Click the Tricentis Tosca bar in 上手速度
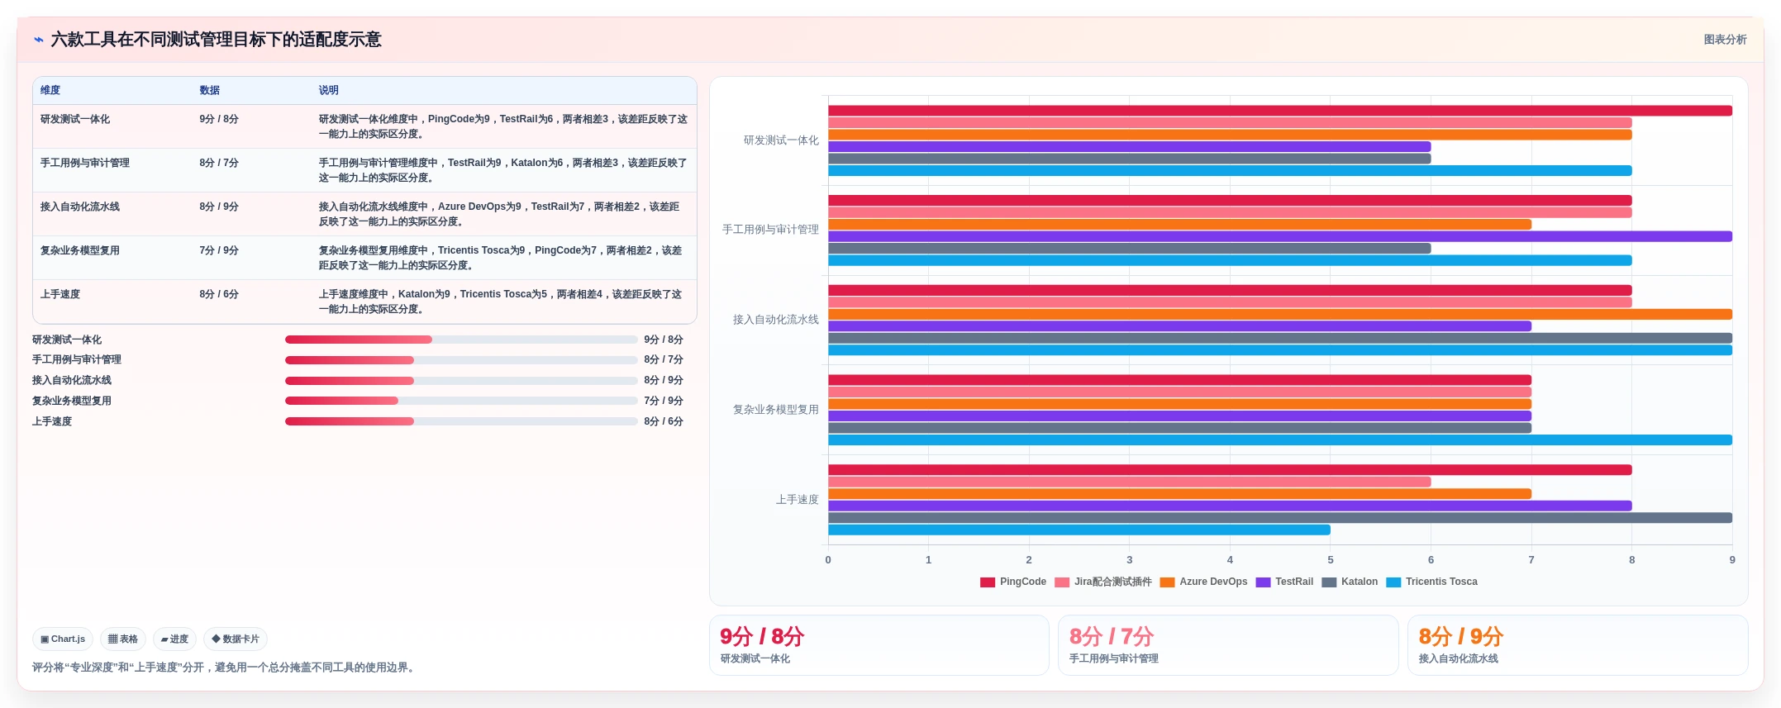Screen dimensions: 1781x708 pos(1079,530)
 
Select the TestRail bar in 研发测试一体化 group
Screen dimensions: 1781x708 pos(1129,146)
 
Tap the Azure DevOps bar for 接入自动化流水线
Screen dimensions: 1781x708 pos(1280,314)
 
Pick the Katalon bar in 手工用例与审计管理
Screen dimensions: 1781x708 pos(1129,248)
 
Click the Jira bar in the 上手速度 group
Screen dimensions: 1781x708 pos(1129,482)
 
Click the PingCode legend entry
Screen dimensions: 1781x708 pos(1013,582)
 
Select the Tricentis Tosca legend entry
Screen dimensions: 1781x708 pos(1431,582)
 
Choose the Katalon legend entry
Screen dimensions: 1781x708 pos(1350,582)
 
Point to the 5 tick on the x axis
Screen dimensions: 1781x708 pos(1331,559)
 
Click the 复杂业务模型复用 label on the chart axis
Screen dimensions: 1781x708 pos(775,410)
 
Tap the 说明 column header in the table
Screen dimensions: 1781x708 pos(329,90)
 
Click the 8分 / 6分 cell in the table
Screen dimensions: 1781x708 pos(219,294)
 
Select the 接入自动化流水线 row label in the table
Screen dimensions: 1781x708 pos(80,207)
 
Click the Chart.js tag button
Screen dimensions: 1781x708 pos(63,639)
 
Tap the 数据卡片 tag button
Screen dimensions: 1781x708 pos(236,639)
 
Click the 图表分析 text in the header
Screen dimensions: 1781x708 pos(1725,40)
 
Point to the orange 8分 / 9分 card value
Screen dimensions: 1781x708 pos(1460,636)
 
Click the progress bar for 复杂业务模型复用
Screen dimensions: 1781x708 pos(461,401)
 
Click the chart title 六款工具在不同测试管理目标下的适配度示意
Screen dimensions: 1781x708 pos(216,40)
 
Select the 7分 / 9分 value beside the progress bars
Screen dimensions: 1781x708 pos(664,401)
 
